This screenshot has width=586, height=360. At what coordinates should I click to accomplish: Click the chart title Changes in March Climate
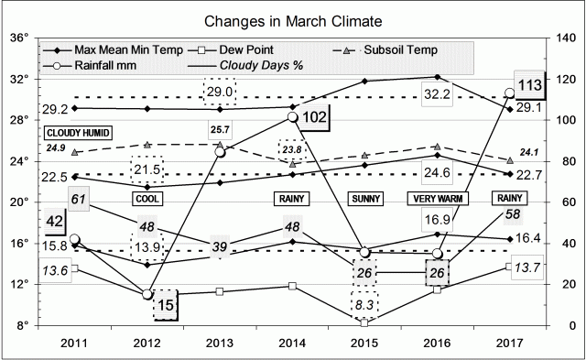[x=292, y=19]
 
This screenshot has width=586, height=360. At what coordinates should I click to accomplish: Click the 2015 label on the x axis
[x=364, y=342]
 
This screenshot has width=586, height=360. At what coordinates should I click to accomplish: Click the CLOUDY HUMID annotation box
[x=79, y=133]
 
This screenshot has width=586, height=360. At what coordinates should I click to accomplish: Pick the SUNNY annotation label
[x=365, y=199]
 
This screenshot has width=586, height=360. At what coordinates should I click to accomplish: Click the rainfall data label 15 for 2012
[x=164, y=305]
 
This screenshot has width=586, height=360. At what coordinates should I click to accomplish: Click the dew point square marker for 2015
[x=364, y=322]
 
